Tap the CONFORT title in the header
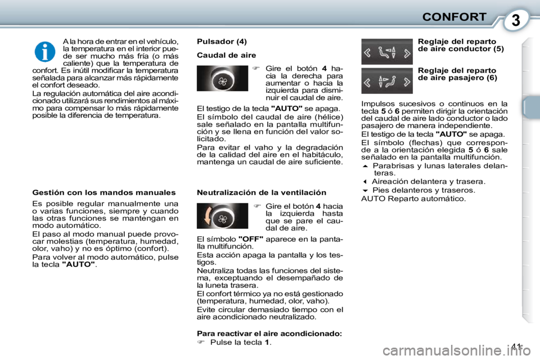click(453, 16)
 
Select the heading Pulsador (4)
click(222, 41)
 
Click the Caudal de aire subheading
click(226, 55)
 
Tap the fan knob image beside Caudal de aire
click(222, 78)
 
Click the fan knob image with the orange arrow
click(222, 215)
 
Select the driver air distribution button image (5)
click(386, 51)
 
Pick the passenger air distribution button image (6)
click(386, 80)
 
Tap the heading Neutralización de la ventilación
click(262, 192)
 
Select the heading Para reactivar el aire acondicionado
click(269, 333)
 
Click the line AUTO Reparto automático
click(413, 199)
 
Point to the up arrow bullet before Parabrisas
click(365, 166)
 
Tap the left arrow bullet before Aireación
click(365, 182)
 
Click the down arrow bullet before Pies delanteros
click(365, 190)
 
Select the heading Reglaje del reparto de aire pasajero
click(457, 74)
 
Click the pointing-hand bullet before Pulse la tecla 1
click(201, 342)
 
